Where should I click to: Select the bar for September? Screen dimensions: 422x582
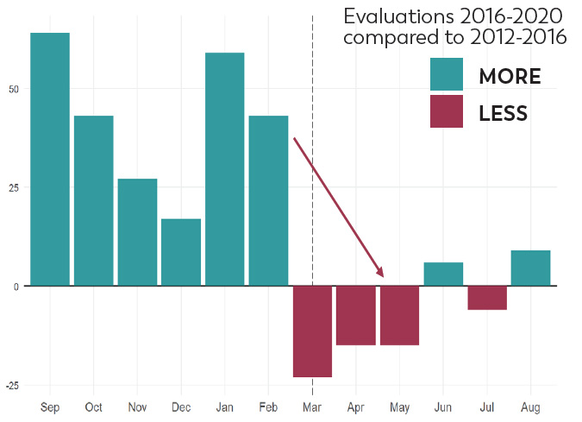pos(50,159)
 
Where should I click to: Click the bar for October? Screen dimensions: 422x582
pos(93,200)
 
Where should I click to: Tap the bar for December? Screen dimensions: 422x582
pos(181,252)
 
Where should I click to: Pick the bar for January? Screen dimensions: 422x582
pos(224,169)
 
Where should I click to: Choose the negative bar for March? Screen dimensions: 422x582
pos(312,331)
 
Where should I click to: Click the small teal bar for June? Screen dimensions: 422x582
pos(443,274)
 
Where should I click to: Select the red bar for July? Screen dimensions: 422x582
pos(487,298)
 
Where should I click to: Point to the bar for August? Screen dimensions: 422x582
pos(530,268)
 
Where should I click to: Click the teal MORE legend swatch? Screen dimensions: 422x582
pos(447,75)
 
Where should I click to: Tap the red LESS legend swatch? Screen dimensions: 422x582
pos(447,112)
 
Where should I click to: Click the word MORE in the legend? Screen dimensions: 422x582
pos(510,76)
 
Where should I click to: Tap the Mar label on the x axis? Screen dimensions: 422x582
pos(311,406)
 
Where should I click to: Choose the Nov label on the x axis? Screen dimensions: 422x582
pos(137,406)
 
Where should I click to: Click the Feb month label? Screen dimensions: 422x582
pos(268,406)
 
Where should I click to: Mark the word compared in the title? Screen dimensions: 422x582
pos(393,38)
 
